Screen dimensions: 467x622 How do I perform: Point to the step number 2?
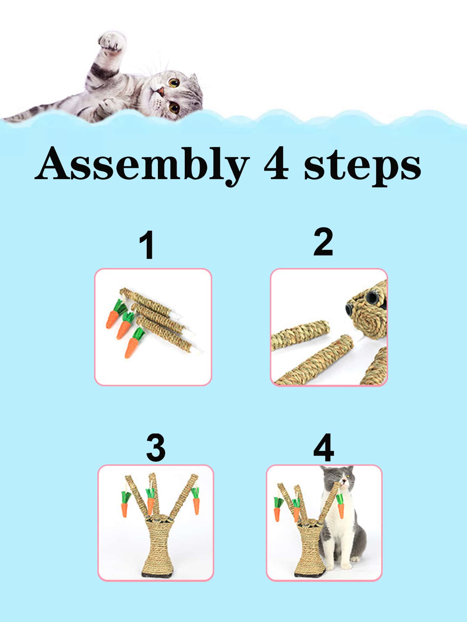pos(323,243)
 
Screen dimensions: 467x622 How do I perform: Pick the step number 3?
pos(156,448)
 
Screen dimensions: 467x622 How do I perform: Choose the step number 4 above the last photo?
pos(323,448)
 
